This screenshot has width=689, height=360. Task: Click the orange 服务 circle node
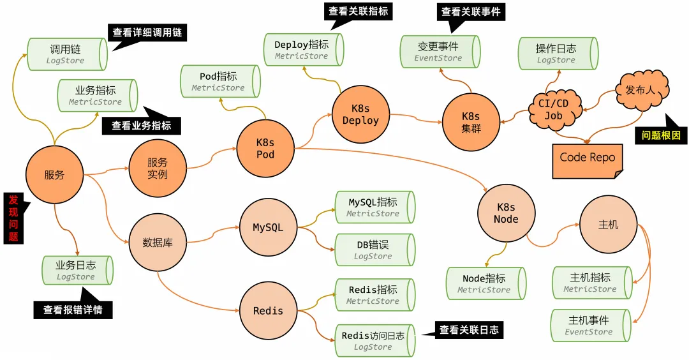55,174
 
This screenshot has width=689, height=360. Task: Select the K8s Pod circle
265,148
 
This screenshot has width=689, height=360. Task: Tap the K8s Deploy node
360,115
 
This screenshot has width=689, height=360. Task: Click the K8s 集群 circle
471,122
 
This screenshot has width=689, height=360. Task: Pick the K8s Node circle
506,213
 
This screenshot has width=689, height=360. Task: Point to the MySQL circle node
268,228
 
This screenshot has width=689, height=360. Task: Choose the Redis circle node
268,311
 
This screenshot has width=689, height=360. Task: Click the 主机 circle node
608,225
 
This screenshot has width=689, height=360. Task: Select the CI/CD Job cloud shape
555,109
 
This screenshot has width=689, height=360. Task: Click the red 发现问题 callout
14,218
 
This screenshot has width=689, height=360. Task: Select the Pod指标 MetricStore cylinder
219,82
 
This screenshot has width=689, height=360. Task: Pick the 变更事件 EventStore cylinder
438,52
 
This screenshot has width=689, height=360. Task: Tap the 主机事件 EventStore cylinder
590,326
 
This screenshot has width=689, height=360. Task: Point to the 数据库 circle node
158,243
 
